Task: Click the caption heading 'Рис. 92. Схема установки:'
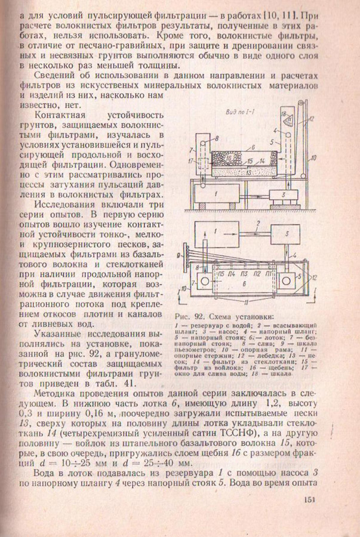click(224, 316)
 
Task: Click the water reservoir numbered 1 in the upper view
click(214, 195)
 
